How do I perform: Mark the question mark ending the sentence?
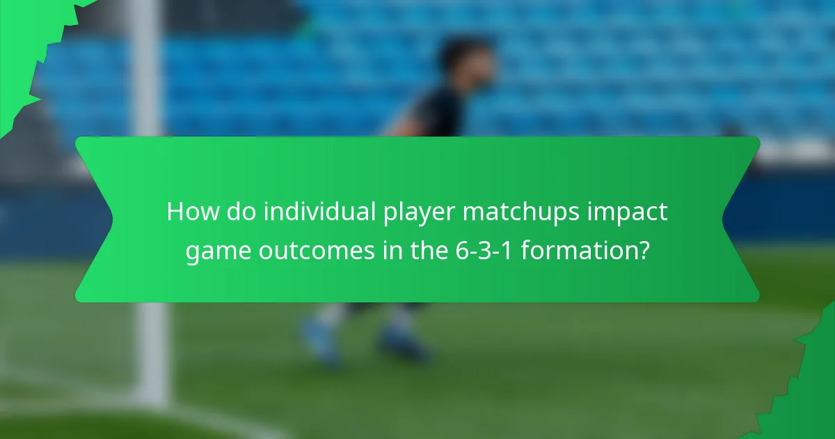(644, 251)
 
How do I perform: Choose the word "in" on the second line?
(384, 251)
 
